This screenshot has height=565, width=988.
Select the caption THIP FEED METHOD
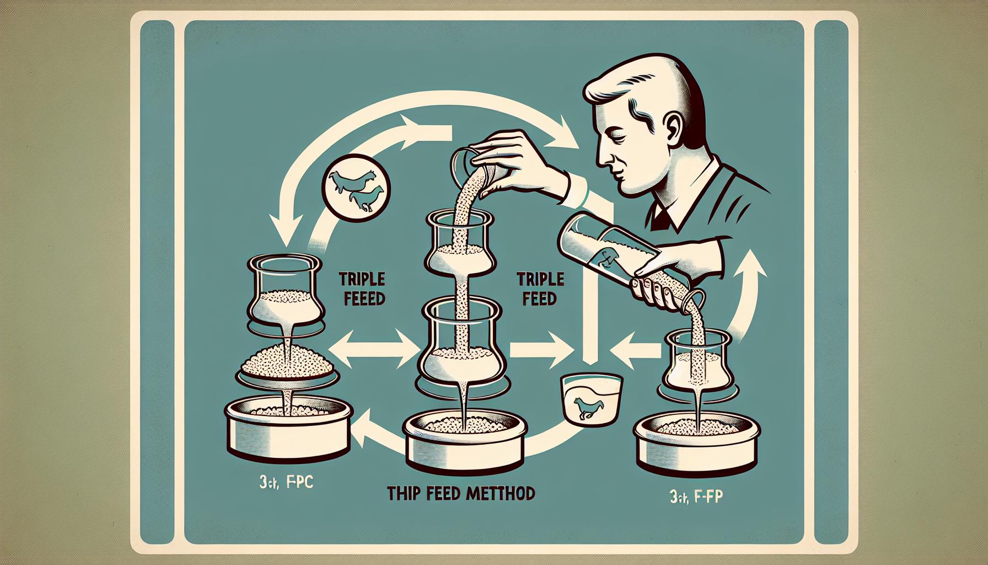[461, 493]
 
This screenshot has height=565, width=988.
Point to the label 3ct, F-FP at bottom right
[696, 498]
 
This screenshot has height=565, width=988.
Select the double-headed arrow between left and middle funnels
[375, 349]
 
